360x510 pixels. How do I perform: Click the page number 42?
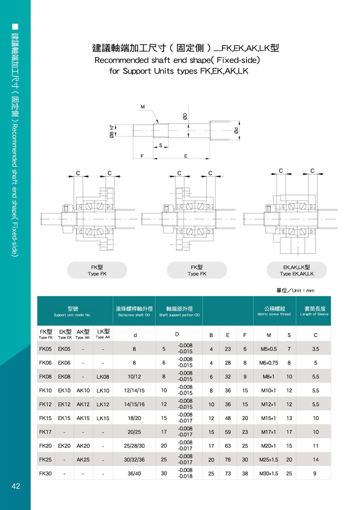[x=15, y=486]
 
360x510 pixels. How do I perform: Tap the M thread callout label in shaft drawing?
[x=142, y=106]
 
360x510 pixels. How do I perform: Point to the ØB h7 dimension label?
[x=112, y=131]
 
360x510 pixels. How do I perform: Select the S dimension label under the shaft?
[x=160, y=145]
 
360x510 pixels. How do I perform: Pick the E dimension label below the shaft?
[x=185, y=156]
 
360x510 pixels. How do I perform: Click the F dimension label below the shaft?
[x=142, y=156]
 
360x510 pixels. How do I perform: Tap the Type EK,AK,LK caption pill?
[x=296, y=270]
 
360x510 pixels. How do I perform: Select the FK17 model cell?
[x=45, y=432]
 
